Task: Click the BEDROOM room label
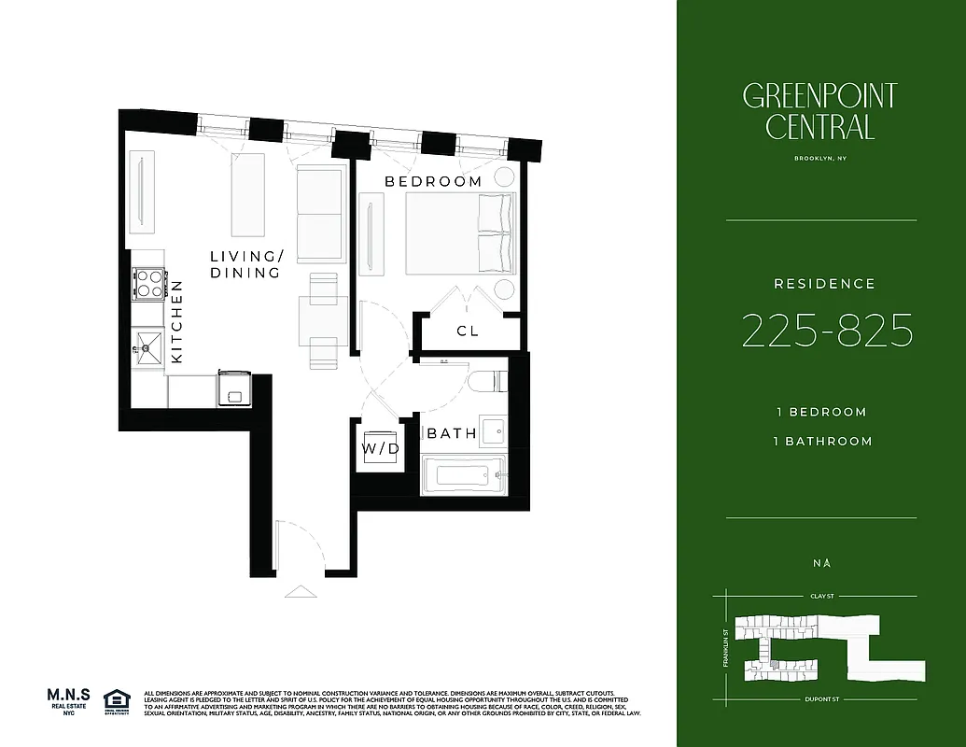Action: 434,181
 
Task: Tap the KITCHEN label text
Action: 177,322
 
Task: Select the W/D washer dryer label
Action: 381,449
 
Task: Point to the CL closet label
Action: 468,331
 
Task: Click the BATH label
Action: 452,433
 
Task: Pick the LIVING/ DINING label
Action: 245,264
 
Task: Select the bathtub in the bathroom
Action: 463,473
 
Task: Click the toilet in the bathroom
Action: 486,383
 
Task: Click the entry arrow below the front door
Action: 301,589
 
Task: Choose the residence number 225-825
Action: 826,331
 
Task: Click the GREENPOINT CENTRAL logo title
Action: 819,110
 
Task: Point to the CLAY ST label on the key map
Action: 820,594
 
